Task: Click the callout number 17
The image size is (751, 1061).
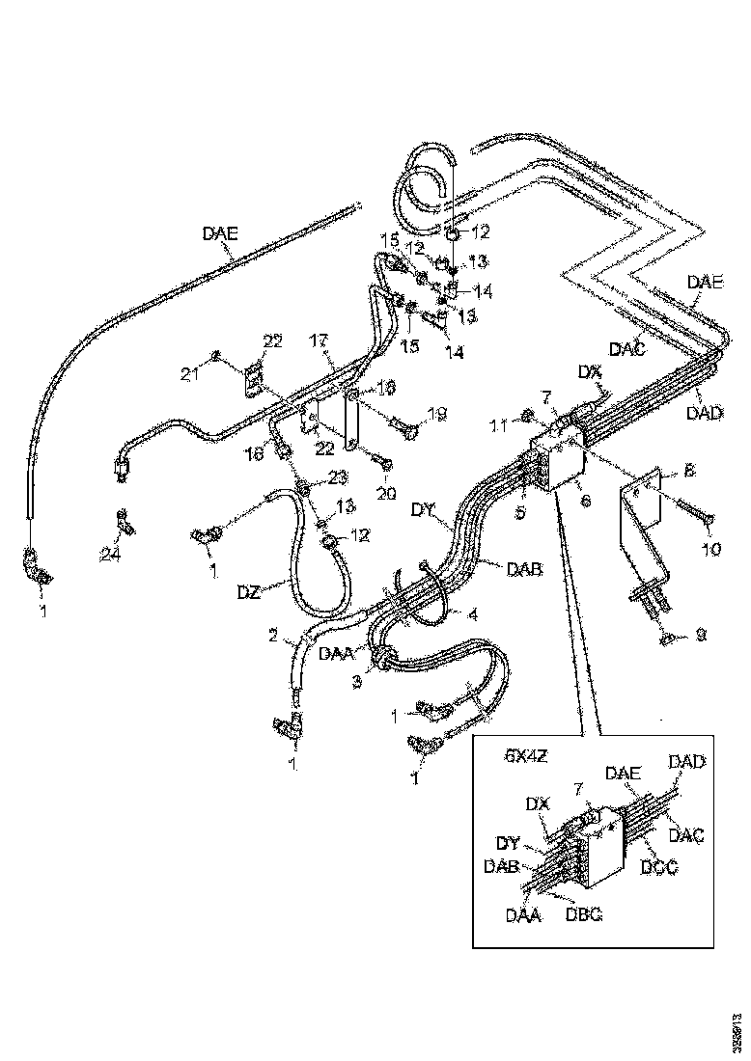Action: pyautogui.click(x=320, y=340)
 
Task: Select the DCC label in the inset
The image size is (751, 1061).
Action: pyautogui.click(x=659, y=867)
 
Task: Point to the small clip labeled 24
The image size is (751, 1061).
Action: pyautogui.click(x=124, y=523)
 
